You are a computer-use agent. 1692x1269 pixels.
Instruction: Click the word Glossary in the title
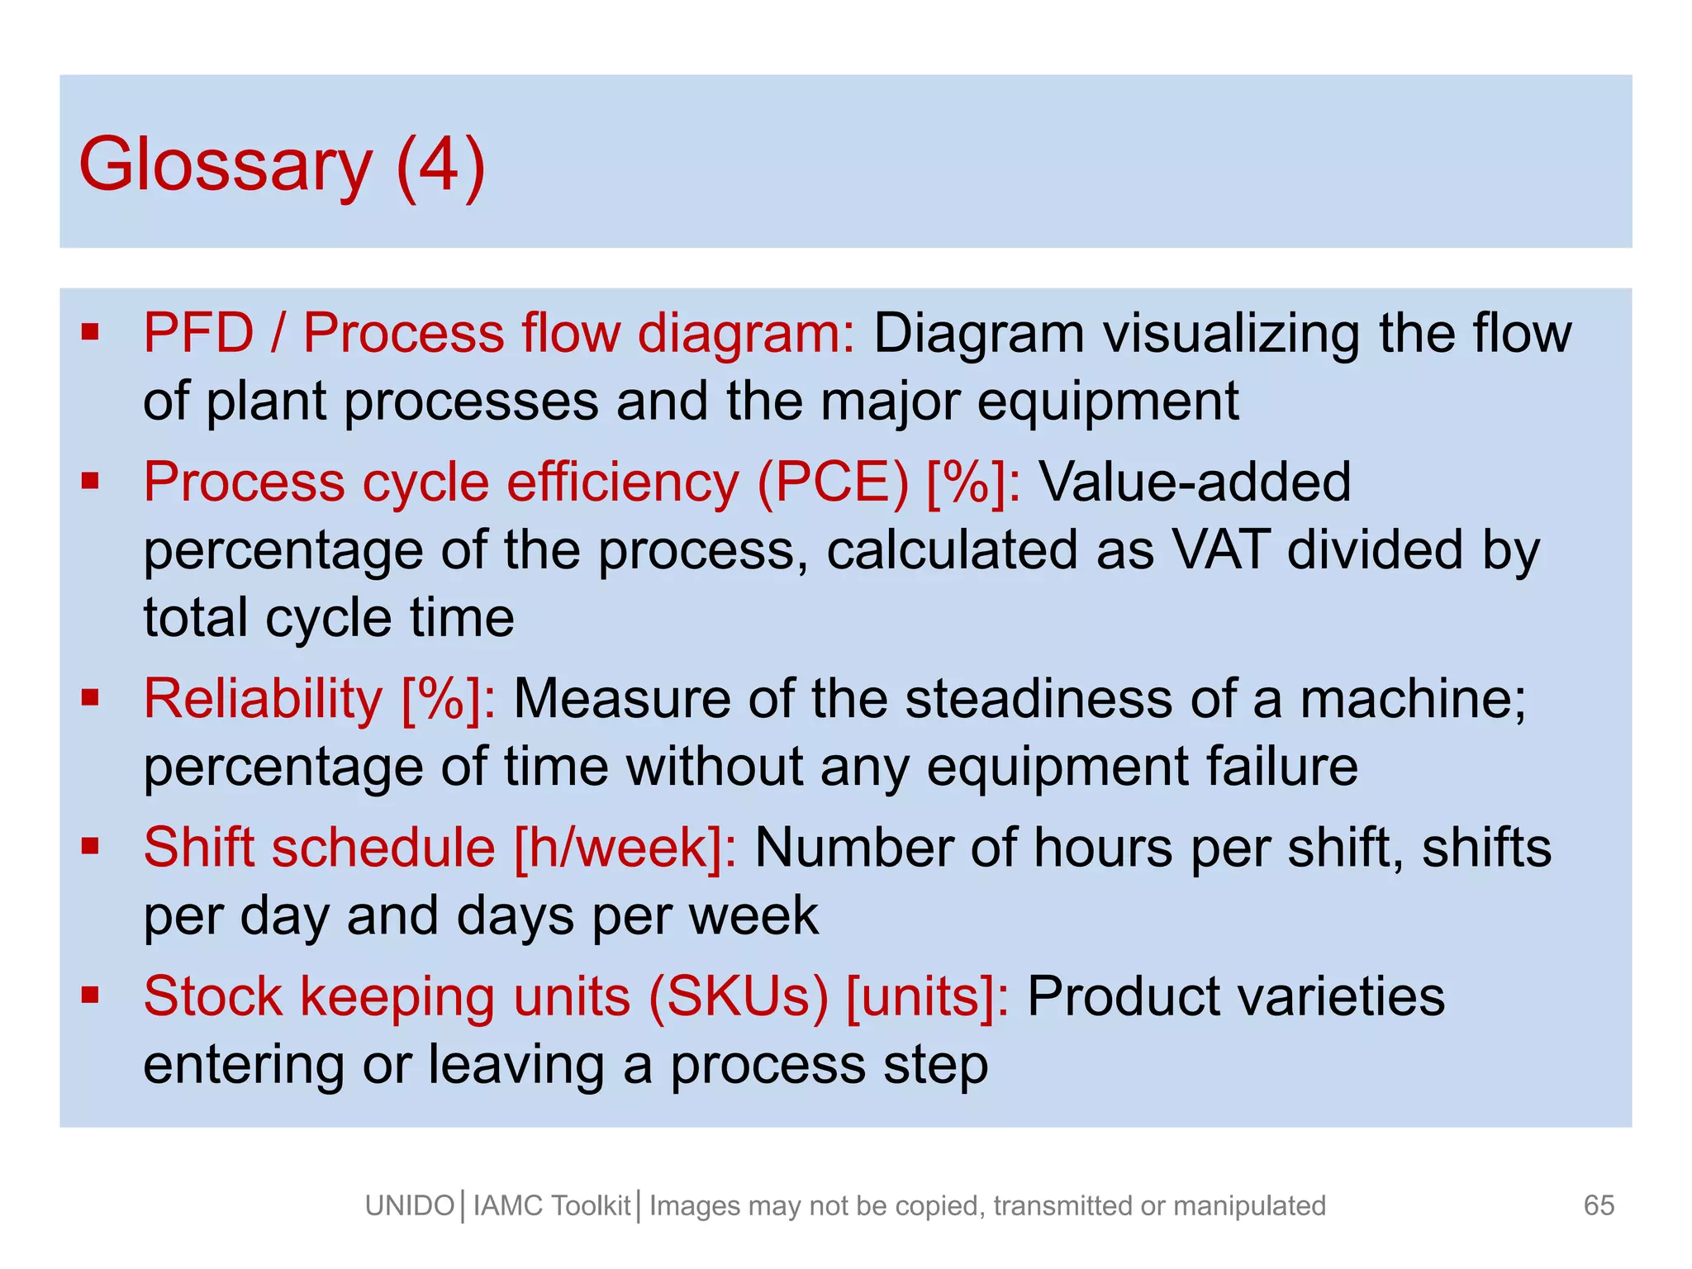coord(225,165)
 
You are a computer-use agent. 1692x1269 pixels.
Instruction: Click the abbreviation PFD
coord(198,333)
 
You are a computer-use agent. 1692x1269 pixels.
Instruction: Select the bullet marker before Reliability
coord(90,697)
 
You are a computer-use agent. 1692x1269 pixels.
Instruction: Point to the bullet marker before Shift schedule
coord(90,845)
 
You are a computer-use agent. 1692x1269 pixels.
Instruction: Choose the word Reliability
coord(263,699)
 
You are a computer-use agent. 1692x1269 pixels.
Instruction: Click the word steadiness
coord(1038,699)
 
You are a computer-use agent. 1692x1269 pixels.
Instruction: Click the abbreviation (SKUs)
coord(738,996)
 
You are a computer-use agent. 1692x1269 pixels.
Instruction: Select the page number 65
coord(1599,1205)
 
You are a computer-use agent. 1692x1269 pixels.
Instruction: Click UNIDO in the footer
coord(410,1206)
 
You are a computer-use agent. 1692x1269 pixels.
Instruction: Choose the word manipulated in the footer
coord(1249,1206)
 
